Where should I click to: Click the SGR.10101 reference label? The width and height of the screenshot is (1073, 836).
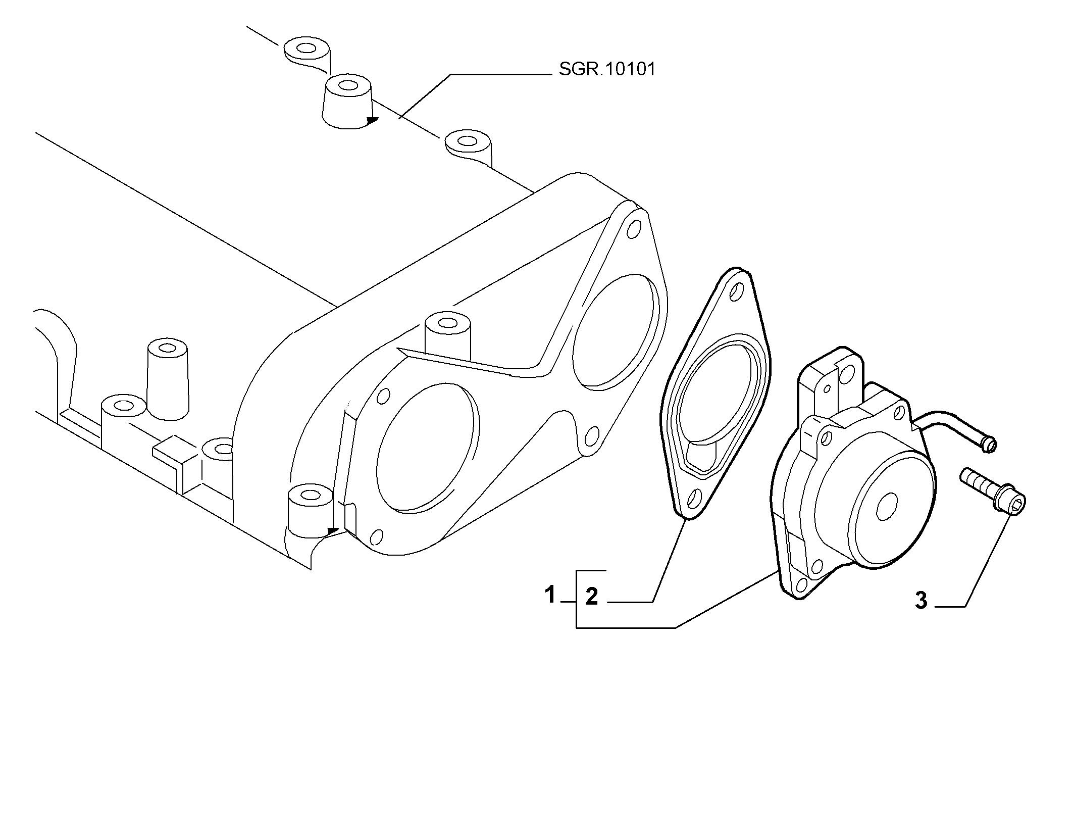607,69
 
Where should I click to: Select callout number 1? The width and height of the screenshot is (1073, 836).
550,595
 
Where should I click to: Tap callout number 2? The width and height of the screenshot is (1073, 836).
592,597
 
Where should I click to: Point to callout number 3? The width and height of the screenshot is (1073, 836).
922,601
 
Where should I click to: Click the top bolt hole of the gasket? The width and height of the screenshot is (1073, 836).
738,292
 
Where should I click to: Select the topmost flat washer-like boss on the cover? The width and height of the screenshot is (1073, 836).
307,49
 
